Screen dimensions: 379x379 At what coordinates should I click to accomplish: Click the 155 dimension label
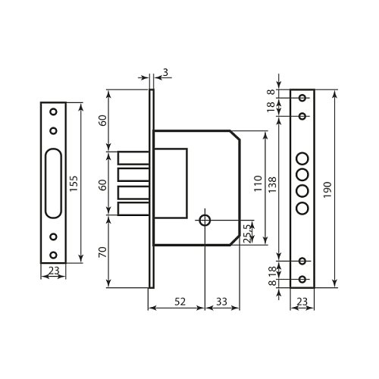tap(74, 183)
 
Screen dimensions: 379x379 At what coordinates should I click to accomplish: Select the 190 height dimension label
tap(327, 189)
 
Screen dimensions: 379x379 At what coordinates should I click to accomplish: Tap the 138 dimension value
tap(272, 185)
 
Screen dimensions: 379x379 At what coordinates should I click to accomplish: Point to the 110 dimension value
tap(258, 183)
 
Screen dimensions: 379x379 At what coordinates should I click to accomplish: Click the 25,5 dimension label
tap(248, 232)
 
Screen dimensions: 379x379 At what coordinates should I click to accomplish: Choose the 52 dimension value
tap(180, 302)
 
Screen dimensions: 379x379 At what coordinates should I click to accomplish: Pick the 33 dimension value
tap(221, 302)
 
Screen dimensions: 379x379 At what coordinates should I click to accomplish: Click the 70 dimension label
tap(102, 252)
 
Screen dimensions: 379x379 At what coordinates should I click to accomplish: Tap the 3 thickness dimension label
tap(165, 72)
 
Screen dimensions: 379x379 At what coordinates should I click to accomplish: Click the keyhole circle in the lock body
tap(205, 221)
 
